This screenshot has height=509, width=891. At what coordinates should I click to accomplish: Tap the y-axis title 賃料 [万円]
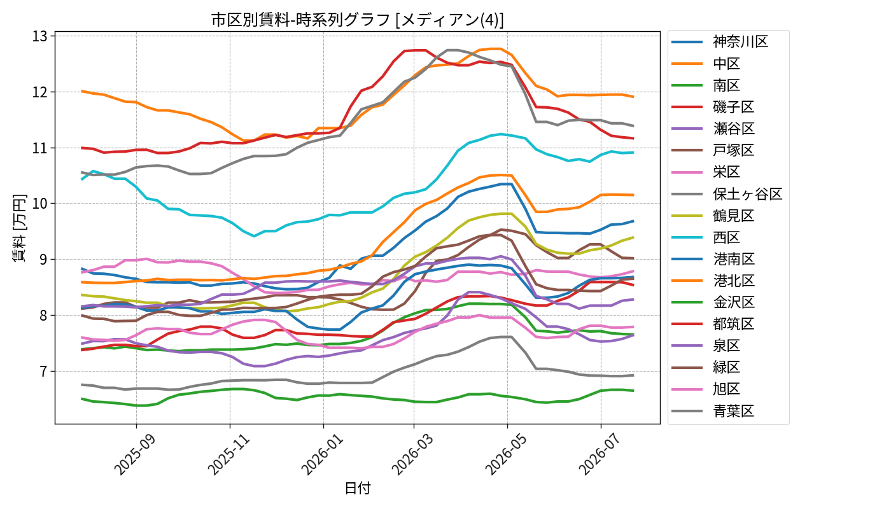click(x=19, y=228)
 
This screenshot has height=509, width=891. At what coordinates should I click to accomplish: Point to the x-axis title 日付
click(x=357, y=488)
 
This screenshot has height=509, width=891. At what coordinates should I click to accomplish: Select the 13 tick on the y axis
click(x=39, y=37)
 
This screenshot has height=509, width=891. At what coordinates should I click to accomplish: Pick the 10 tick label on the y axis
click(x=39, y=204)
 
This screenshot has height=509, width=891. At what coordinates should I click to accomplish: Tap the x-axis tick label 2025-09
click(x=134, y=454)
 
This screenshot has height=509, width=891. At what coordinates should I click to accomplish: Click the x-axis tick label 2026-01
click(x=321, y=454)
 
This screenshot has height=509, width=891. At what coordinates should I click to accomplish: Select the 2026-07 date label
click(x=599, y=454)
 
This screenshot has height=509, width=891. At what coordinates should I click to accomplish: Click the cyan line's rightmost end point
click(x=633, y=152)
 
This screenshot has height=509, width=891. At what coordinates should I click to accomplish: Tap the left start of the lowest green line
click(x=81, y=398)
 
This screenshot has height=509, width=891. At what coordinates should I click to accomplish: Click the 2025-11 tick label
click(x=228, y=454)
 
